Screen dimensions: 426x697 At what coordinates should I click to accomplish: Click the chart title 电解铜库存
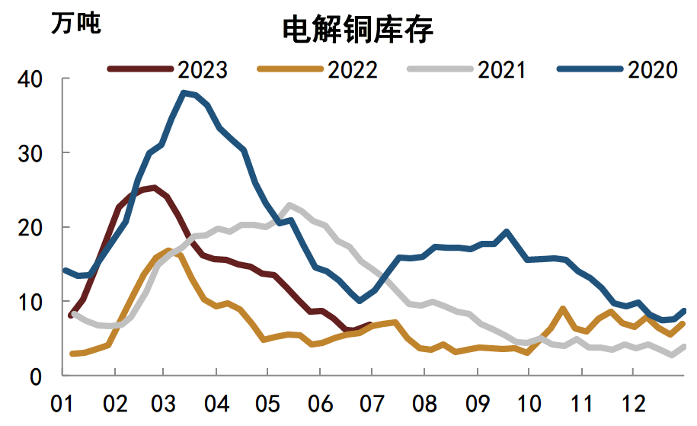357,30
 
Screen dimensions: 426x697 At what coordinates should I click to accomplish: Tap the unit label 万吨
75,23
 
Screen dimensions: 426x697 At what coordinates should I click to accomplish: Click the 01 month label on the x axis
62,402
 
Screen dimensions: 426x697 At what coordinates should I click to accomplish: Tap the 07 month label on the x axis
371,402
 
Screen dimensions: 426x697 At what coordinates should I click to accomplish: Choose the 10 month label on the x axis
528,402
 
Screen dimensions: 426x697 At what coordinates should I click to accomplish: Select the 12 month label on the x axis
632,402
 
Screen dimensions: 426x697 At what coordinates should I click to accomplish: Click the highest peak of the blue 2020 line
184,93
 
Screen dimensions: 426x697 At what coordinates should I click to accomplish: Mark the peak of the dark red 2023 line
155,187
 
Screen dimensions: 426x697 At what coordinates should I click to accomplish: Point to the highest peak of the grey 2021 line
289,205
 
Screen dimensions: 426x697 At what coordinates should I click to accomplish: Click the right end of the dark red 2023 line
370,325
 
